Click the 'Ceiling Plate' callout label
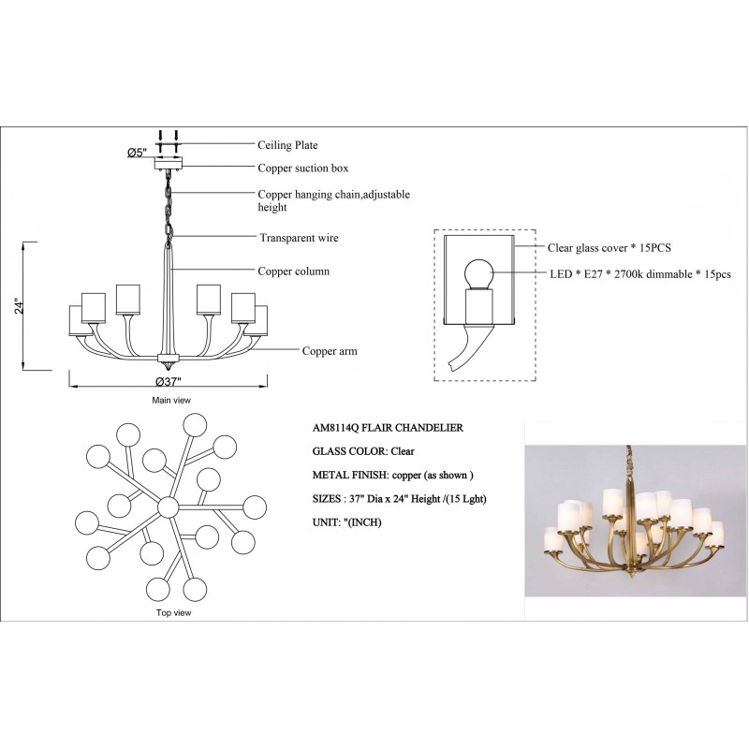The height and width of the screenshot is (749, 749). [x=287, y=145]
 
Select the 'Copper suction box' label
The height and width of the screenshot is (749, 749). [x=302, y=169]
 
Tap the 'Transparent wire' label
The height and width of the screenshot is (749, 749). [x=299, y=238]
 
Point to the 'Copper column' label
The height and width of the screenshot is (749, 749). [x=293, y=271]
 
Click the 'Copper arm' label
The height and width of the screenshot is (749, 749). [x=330, y=350]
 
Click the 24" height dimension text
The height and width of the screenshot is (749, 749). [x=19, y=306]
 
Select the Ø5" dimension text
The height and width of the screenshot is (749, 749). [x=136, y=153]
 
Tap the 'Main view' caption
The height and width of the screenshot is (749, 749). [x=171, y=401]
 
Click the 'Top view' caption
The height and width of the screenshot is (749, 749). [x=173, y=612]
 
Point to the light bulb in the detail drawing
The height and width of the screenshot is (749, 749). [x=478, y=274]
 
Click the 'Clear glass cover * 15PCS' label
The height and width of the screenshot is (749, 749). [x=609, y=247]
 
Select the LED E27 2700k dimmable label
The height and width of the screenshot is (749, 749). [x=640, y=274]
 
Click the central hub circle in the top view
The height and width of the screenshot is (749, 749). [x=168, y=507]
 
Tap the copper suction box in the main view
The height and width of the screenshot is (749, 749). [x=169, y=164]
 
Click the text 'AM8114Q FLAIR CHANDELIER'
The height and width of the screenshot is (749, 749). [x=388, y=428]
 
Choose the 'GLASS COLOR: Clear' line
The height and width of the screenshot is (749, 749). [x=363, y=451]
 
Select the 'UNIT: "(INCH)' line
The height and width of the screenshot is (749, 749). [x=346, y=522]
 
